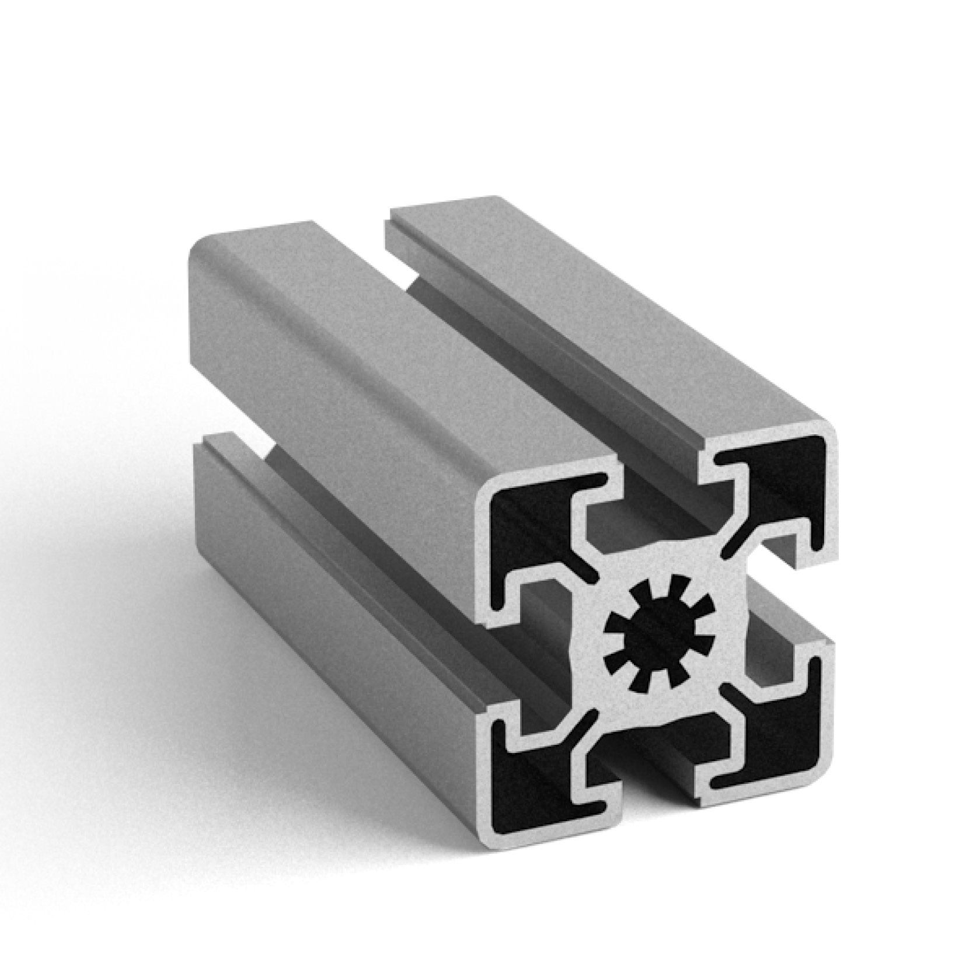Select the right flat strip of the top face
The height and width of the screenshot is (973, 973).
pos(584,309)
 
